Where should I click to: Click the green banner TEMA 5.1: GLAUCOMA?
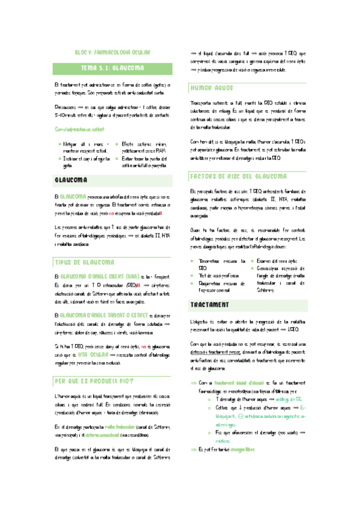pyautogui.click(x=116, y=68)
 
